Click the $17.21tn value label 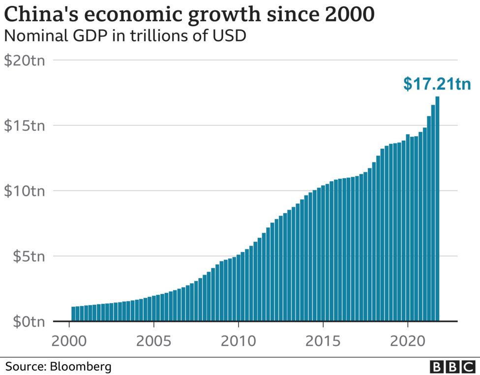(x=437, y=84)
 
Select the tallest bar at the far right (x=437, y=209)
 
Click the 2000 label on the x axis (x=69, y=341)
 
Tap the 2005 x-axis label (x=154, y=341)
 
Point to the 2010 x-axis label (x=239, y=341)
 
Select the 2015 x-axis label (x=323, y=341)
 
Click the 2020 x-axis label (x=408, y=341)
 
